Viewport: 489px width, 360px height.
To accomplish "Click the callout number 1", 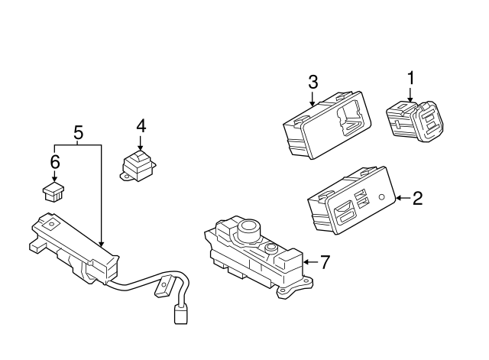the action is [411, 78].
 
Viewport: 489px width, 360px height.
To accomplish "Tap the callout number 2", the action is [418, 199].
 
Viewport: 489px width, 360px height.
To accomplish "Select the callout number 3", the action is [313, 82].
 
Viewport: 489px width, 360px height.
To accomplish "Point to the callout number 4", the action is [141, 126].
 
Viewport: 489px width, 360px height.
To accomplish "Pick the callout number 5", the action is [79, 133].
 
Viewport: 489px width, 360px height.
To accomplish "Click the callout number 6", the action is [55, 162].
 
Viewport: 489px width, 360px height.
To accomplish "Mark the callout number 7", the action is [324, 262].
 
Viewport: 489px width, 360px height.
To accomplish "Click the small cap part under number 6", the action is [53, 192].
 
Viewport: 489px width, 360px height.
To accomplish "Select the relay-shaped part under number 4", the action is [138, 166].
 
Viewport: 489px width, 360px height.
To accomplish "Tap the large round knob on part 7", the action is [248, 229].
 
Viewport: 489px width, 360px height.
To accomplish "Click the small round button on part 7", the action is [270, 248].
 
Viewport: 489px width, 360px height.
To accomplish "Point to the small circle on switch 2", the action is [381, 197].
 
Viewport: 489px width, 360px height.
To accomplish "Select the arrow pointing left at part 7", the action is [311, 262].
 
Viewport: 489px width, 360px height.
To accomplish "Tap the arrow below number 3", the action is [313, 98].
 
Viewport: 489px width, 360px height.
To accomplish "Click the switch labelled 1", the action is [415, 122].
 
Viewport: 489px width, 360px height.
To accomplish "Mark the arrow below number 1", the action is [410, 94].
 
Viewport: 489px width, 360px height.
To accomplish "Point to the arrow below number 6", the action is [55, 176].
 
